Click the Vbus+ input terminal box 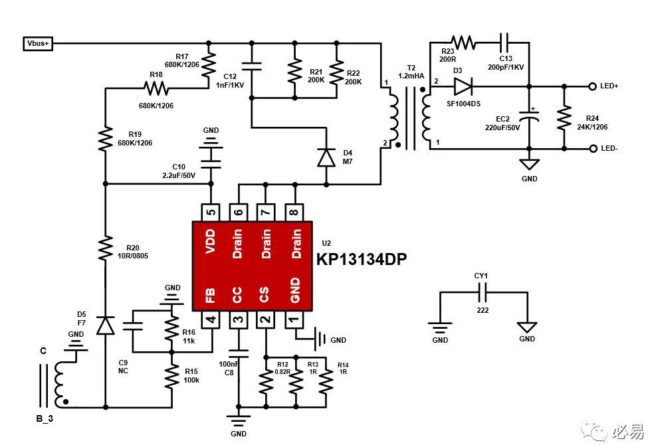pyautogui.click(x=38, y=43)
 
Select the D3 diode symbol pyautogui.click(x=463, y=86)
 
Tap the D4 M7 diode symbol pyautogui.click(x=326, y=157)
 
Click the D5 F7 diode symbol pyautogui.click(x=106, y=326)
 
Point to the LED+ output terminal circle pyautogui.click(x=592, y=86)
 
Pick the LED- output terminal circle pyautogui.click(x=592, y=149)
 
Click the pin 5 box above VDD pyautogui.click(x=211, y=213)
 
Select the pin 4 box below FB pyautogui.click(x=211, y=319)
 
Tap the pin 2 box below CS pyautogui.click(x=266, y=319)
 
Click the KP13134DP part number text pyautogui.click(x=362, y=260)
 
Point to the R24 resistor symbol pyautogui.click(x=564, y=118)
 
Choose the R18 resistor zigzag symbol pyautogui.click(x=156, y=88)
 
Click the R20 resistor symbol pyautogui.click(x=106, y=248)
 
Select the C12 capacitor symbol pyautogui.click(x=251, y=66)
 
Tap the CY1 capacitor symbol pyautogui.click(x=483, y=292)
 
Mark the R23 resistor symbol pyautogui.click(x=463, y=43)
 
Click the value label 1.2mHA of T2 pyautogui.click(x=411, y=76)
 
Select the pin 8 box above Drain pyautogui.click(x=294, y=213)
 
